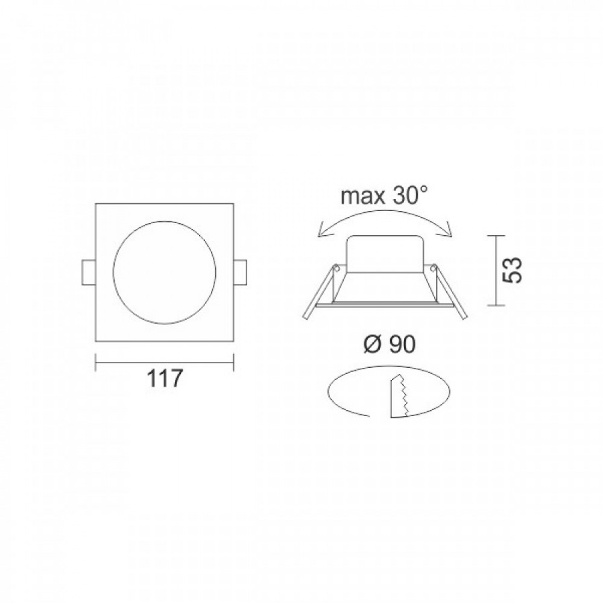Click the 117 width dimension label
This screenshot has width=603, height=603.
click(x=165, y=379)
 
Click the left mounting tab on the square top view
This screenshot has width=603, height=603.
click(x=88, y=273)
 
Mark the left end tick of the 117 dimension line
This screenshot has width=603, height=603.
click(x=96, y=362)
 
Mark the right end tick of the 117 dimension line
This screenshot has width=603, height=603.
click(x=233, y=362)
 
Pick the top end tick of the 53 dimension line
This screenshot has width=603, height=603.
click(x=496, y=235)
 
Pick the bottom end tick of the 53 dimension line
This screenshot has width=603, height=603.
click(x=496, y=306)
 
